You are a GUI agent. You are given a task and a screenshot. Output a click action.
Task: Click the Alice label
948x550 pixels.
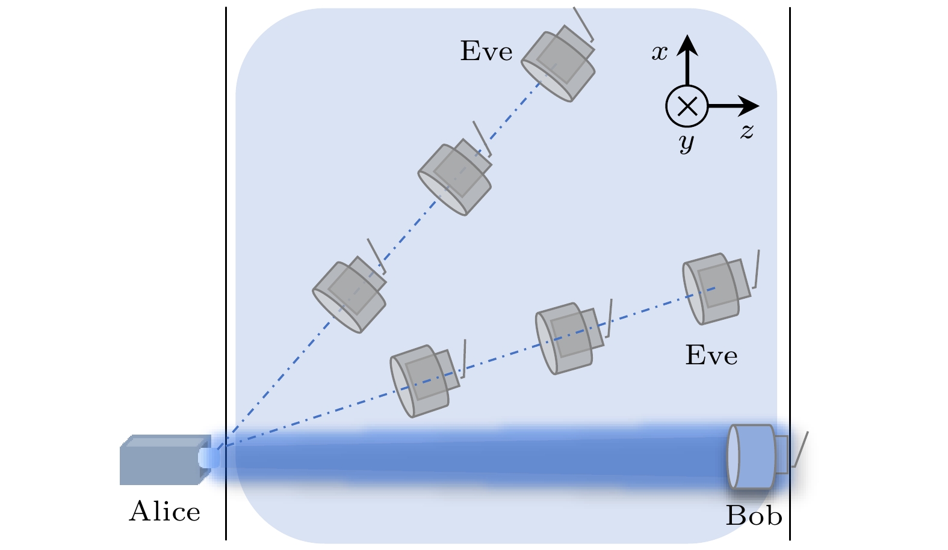point(164,512)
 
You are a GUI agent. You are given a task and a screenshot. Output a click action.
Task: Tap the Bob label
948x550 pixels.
point(754,516)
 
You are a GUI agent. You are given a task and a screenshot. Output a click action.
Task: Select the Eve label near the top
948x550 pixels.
point(486,52)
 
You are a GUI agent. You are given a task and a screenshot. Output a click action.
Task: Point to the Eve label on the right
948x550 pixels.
point(711,356)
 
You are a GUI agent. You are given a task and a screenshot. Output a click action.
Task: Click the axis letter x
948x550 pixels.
point(660,53)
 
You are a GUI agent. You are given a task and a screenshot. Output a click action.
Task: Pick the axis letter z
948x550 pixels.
point(747,130)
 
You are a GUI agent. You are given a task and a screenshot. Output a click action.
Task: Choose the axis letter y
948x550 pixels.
point(686,142)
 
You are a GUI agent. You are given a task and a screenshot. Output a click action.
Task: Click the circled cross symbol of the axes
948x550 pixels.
point(687,106)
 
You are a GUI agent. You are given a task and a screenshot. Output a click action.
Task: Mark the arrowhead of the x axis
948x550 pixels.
point(687,44)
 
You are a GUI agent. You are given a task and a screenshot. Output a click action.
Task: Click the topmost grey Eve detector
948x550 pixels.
point(558,64)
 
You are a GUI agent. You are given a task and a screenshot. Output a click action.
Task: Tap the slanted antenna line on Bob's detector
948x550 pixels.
point(800,449)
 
